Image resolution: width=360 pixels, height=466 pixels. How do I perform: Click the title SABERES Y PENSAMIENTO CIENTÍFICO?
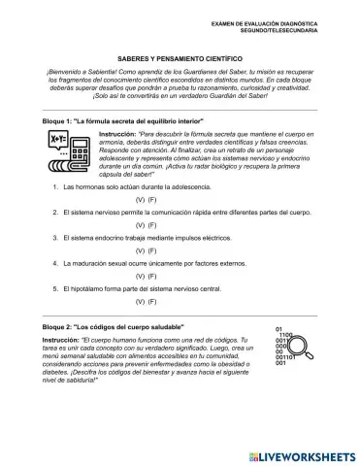pyautogui.click(x=180, y=57)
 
